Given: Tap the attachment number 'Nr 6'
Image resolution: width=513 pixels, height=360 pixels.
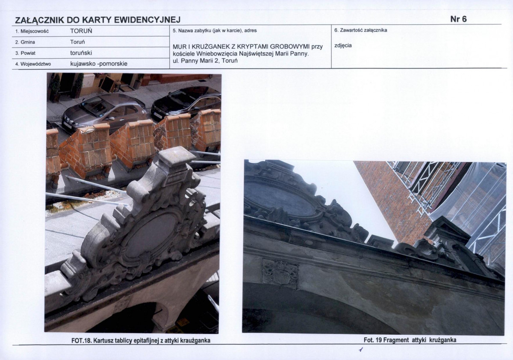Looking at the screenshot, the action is click(x=458, y=19).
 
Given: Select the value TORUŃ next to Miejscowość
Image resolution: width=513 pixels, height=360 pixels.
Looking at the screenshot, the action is click(x=81, y=31).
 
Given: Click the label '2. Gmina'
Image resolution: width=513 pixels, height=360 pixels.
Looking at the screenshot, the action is click(x=25, y=42).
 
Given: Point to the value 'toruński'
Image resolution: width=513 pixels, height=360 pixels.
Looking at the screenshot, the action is click(x=81, y=53).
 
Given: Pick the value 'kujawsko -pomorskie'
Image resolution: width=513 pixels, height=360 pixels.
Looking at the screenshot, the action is click(x=99, y=64).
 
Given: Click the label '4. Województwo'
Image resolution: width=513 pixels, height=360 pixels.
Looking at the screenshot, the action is click(x=33, y=64).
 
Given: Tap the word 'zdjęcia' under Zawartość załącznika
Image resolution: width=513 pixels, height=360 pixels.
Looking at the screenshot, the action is click(x=343, y=46).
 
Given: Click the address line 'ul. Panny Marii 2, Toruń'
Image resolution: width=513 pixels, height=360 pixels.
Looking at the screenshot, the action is click(x=205, y=61).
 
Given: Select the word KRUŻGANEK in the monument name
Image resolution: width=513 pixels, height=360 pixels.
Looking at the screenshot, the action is click(x=212, y=47).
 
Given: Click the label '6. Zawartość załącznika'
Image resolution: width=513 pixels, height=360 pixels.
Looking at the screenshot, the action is click(x=361, y=30).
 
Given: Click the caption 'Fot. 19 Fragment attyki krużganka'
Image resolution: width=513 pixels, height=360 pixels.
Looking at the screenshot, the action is click(x=410, y=340).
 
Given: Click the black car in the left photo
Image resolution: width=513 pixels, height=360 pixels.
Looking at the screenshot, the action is click(x=186, y=103).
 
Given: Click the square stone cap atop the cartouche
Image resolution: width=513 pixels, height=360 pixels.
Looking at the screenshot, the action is click(x=177, y=156).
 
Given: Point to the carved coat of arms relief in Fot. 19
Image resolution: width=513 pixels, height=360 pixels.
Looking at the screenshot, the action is click(x=280, y=274).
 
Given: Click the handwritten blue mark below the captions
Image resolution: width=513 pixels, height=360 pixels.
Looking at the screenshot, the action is click(x=361, y=349).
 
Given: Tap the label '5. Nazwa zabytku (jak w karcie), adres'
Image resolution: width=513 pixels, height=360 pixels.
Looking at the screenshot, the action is click(x=215, y=30).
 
